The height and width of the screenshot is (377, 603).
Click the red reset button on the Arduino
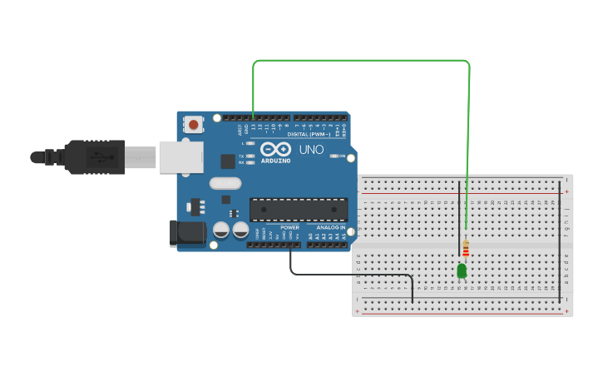pos(194,125)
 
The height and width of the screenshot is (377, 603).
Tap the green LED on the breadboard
pos(462,270)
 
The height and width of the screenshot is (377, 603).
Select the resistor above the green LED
pos(466,249)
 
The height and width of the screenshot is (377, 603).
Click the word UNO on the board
pos(311,150)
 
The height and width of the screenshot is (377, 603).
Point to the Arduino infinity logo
pos(275,149)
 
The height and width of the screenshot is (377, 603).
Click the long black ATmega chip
pos(299,210)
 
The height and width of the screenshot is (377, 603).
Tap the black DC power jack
pos(187,233)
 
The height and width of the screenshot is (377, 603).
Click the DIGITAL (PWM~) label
pos(309,134)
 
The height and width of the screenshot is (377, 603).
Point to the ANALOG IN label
pos(331,227)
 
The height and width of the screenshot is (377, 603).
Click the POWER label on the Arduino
pos(289,227)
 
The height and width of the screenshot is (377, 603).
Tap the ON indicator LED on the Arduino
pos(334,156)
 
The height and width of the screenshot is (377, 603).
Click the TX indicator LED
pos(250,156)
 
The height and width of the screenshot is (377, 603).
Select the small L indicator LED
pos(250,143)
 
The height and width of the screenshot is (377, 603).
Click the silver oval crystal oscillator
pos(225,183)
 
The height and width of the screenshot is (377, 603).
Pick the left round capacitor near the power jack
pos(221,230)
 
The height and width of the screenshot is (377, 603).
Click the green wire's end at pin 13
pos(253,117)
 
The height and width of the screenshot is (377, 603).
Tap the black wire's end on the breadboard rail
pos(413,301)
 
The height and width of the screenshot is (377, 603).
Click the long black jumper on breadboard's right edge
pos(560,241)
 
